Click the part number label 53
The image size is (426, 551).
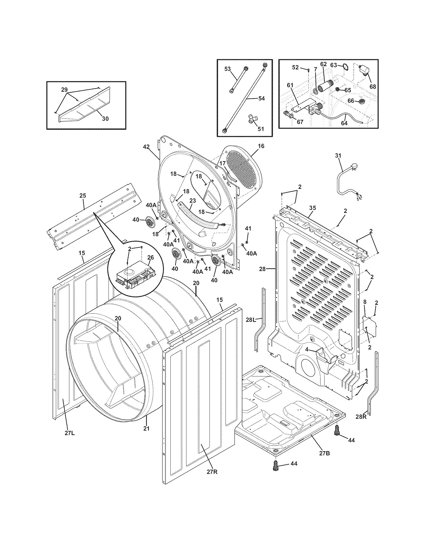227,69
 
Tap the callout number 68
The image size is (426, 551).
373,87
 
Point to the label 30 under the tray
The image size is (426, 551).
105,118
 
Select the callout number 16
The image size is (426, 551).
261,146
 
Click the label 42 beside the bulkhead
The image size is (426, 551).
146,147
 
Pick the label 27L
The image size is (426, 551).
70,434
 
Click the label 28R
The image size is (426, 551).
361,417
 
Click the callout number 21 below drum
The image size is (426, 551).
146,428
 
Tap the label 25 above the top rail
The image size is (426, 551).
83,195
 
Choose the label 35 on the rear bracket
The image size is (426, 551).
312,208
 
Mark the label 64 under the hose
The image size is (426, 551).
344,123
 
